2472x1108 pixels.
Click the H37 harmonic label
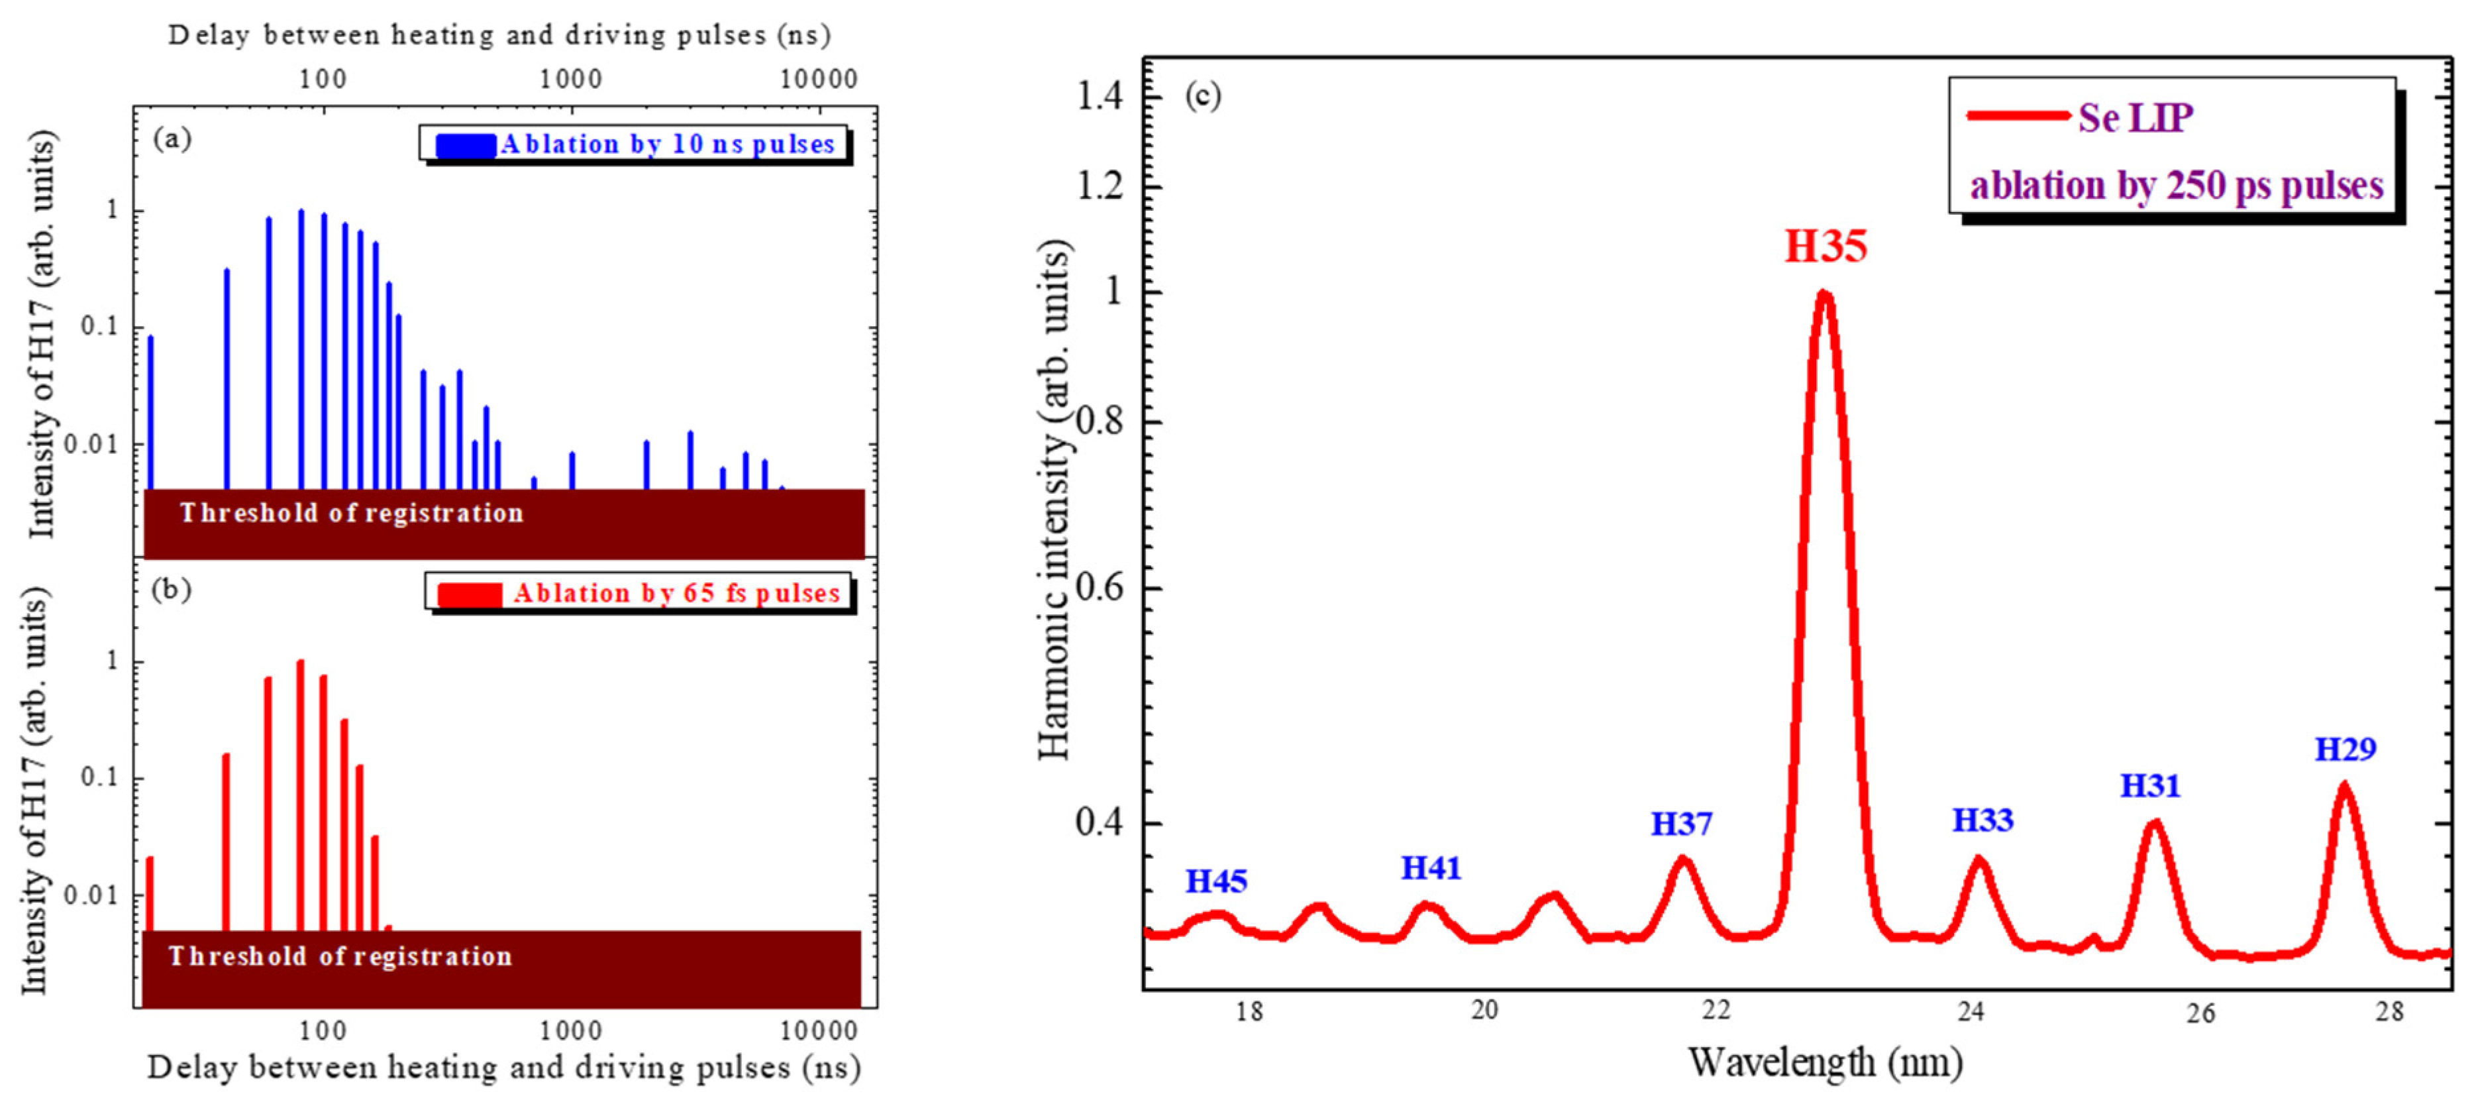[x=1680, y=824]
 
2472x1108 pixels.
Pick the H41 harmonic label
[x=1430, y=868]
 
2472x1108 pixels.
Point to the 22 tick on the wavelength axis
[x=1716, y=1010]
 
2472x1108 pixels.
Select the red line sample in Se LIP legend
[x=2017, y=116]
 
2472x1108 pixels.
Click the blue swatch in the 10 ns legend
[x=466, y=145]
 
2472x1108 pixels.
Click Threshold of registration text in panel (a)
[x=351, y=513]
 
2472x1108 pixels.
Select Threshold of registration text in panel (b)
[x=340, y=956]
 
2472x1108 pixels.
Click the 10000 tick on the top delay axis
[x=817, y=79]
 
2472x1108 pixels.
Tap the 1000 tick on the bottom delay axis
[x=570, y=1031]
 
